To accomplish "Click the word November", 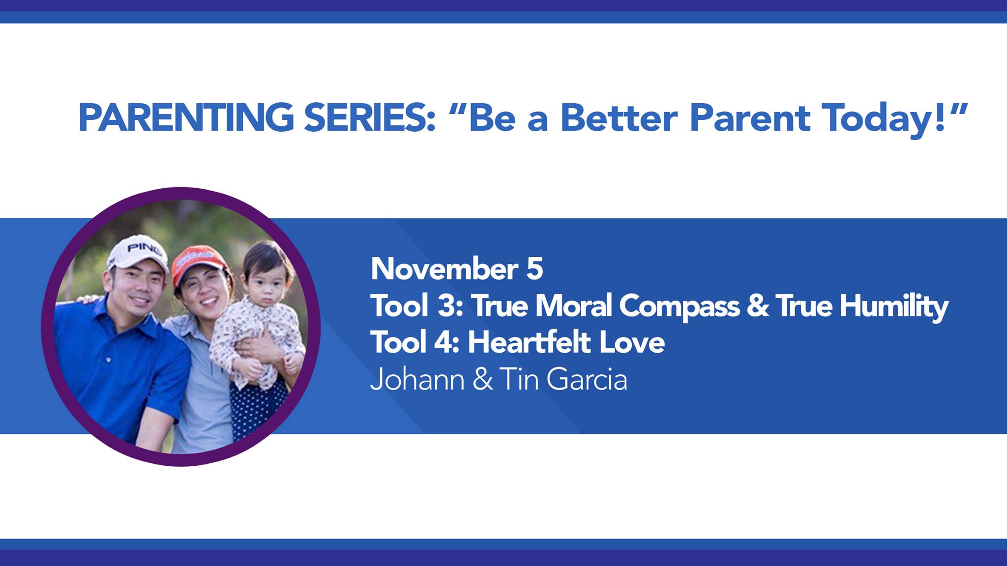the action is click(x=444, y=269).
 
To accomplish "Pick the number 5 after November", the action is click(x=534, y=269).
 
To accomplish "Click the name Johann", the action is click(x=417, y=379).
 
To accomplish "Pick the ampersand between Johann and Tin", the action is click(x=482, y=380).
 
